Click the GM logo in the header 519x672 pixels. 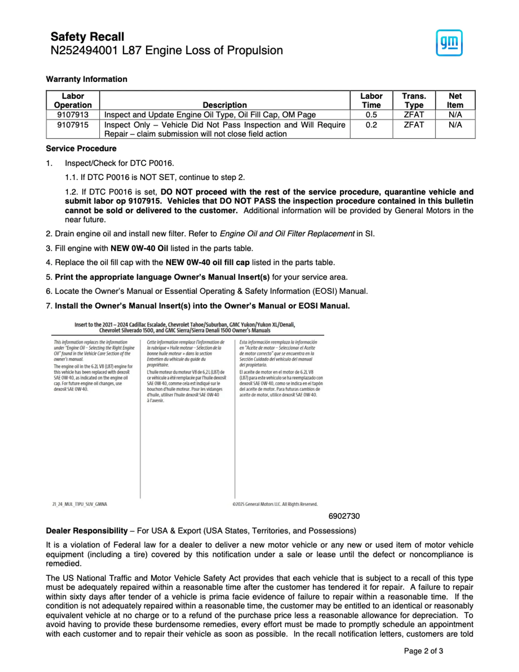449,43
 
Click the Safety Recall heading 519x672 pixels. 87,37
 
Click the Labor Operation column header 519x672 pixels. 73,101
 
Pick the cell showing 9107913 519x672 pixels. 73,115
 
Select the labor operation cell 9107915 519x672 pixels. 73,125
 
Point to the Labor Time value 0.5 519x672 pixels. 371,115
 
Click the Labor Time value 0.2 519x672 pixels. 371,125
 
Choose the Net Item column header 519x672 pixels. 455,101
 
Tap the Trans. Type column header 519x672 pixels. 414,101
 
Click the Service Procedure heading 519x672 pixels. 81,149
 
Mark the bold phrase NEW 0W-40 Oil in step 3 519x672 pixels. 139,248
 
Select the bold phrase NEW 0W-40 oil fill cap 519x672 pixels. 207,263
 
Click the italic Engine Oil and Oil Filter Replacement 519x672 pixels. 287,234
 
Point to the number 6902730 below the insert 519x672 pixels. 344,516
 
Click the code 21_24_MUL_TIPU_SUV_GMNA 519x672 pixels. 80,504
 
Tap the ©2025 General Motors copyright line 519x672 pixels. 275,504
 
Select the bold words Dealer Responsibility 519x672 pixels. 87,531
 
